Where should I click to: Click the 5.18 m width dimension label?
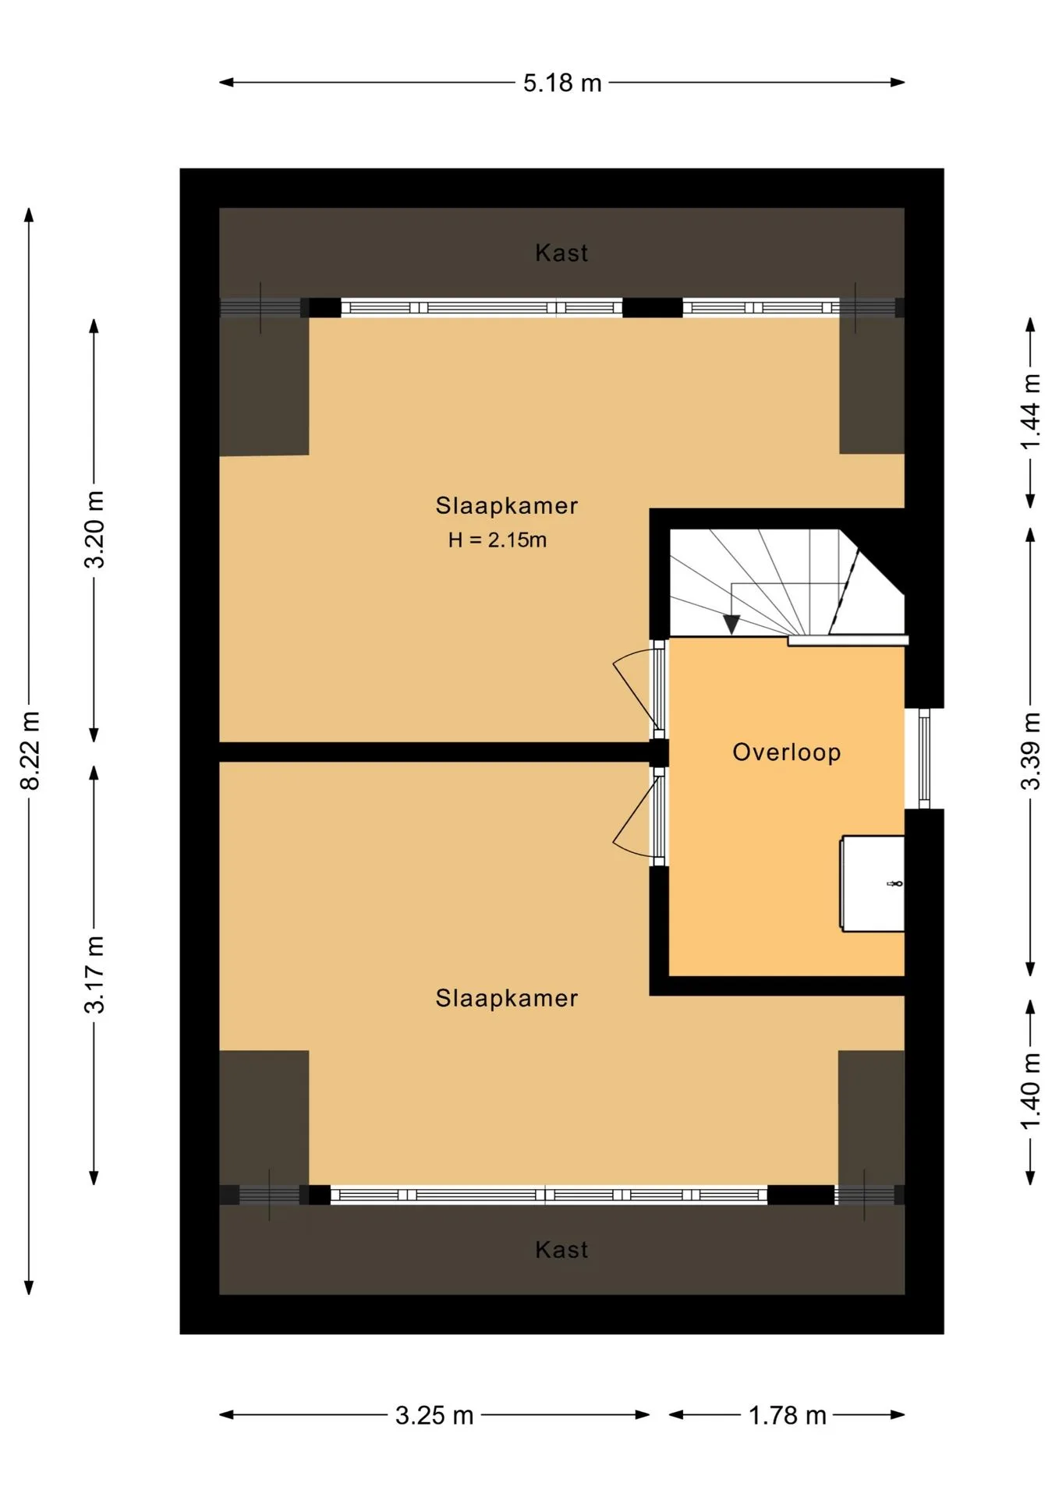pos(562,83)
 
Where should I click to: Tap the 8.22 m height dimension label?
pos(30,750)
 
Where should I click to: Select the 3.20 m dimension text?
pos(94,529)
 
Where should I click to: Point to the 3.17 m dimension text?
pos(94,975)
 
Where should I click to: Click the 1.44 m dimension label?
pos(1031,412)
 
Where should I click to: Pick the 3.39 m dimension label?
pos(1031,751)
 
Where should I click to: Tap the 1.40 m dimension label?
pos(1031,1091)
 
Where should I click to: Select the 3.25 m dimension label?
pos(434,1415)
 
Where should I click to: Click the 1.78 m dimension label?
pos(787,1415)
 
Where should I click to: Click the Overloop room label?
pos(787,752)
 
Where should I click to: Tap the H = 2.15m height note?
pos(498,540)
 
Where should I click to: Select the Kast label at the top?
pos(561,253)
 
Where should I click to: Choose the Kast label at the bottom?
pos(561,1250)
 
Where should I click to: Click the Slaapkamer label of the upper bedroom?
pos(507,505)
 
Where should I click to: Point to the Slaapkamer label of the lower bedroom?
pos(507,998)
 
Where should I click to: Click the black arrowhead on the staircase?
pos(731,625)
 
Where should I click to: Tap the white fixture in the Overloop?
pos(873,883)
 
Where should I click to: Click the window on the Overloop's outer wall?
pos(924,758)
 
